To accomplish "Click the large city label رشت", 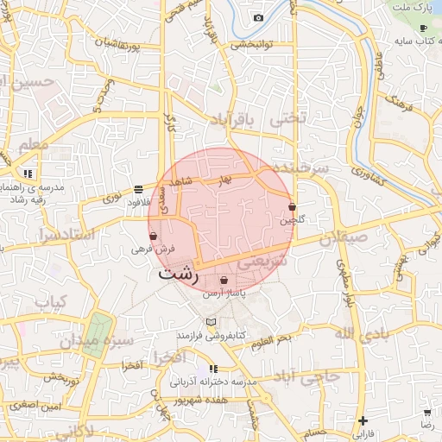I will click(x=179, y=275).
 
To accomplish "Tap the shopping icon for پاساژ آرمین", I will click(x=224, y=281).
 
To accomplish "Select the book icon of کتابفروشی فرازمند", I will click(x=211, y=321).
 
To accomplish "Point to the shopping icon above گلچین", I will click(x=293, y=207).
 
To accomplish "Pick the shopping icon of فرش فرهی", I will click(x=154, y=236).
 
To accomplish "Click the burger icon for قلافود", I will click(x=139, y=189).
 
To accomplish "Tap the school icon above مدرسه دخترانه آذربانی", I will click(x=213, y=369).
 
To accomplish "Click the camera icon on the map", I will click(x=258, y=17).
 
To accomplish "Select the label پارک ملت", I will click(x=411, y=7).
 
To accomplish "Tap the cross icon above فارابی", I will click(x=363, y=420).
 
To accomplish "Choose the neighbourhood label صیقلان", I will click(x=344, y=236).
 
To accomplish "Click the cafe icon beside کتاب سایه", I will click(x=423, y=28).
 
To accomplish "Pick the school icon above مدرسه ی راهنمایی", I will click(x=28, y=174).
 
